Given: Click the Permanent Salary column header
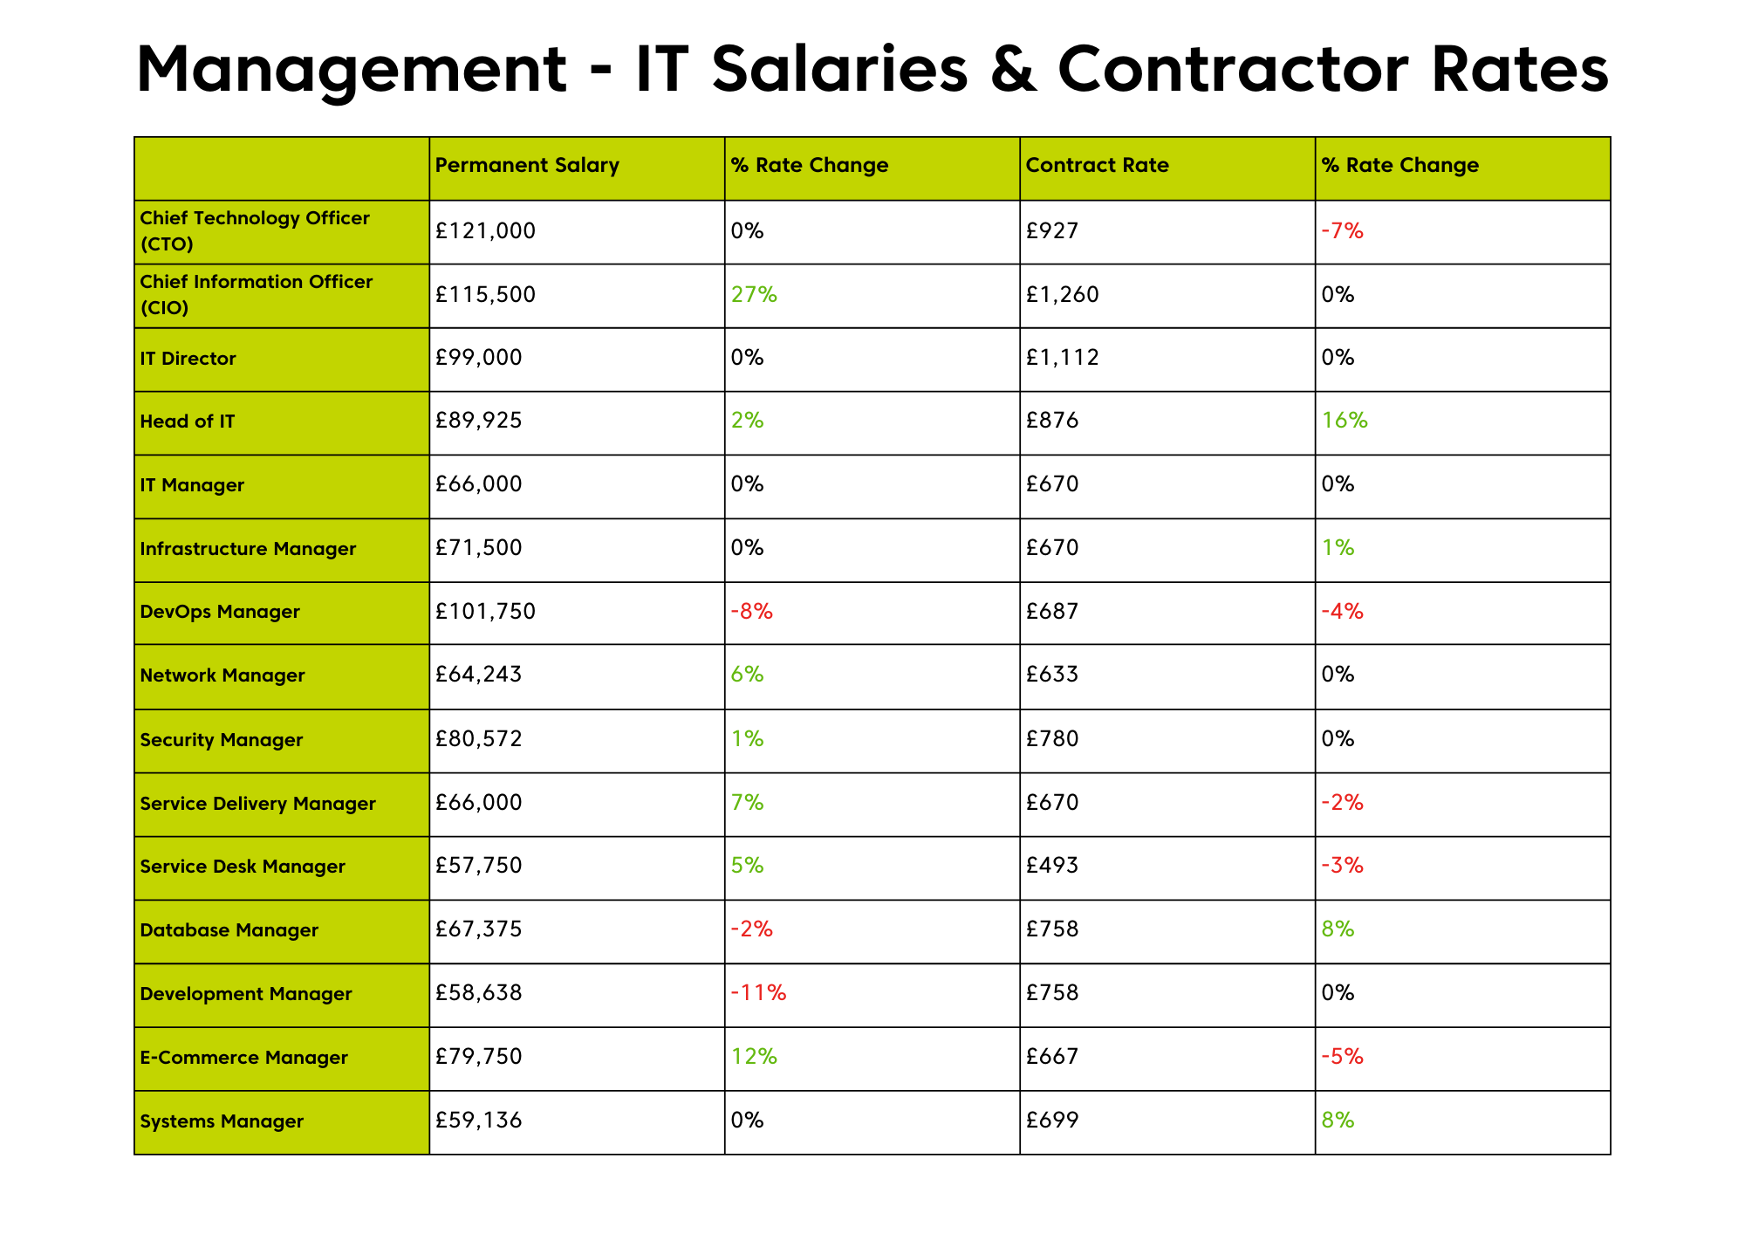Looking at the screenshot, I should click(x=527, y=165).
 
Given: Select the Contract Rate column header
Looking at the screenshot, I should click(x=1097, y=165).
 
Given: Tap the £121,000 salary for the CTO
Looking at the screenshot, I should click(x=485, y=231).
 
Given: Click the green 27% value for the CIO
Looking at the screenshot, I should click(x=754, y=295).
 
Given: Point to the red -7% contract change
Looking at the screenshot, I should click(x=1342, y=231).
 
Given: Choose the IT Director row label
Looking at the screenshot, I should click(x=188, y=359).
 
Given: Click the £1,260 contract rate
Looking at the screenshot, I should click(x=1062, y=295).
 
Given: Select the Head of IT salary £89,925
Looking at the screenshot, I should click(x=478, y=422).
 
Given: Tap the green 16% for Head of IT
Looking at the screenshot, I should click(x=1345, y=422).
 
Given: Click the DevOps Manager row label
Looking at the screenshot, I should click(x=219, y=612).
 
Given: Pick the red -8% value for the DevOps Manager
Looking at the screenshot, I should click(x=751, y=612).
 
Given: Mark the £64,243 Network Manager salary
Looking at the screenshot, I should click(x=478, y=675).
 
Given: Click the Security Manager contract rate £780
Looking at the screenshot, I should click(x=1052, y=740).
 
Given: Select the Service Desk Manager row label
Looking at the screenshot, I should click(x=242, y=867).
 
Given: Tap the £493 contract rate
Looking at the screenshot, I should click(x=1052, y=866).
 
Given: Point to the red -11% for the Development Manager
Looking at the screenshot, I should click(x=758, y=993).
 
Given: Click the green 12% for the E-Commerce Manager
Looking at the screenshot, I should click(x=754, y=1057).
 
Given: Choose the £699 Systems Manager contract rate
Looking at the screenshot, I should click(x=1052, y=1121).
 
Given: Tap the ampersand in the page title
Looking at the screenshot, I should click(x=1013, y=70).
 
